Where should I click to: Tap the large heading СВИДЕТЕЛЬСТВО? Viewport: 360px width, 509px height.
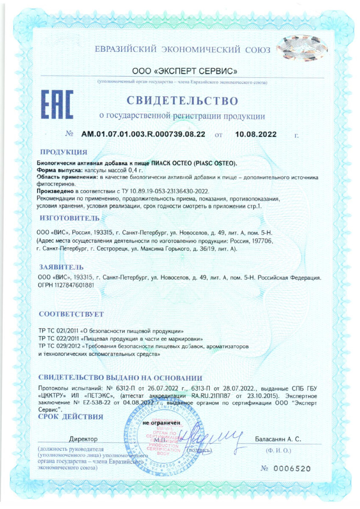pos(182,101)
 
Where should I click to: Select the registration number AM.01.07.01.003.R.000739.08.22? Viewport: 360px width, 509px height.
pos(143,134)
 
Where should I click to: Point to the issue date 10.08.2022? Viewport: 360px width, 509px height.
pos(255,134)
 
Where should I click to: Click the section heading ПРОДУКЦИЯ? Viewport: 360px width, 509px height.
pos(64,152)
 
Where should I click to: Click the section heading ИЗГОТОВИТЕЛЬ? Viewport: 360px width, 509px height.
pos(70,218)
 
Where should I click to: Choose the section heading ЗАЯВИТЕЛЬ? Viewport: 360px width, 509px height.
pos(61,268)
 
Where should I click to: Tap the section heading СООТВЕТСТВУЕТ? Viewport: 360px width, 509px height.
pos(71,314)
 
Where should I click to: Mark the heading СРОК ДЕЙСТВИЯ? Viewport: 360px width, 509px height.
pos(71,417)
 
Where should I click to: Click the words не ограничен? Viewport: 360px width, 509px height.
pos(162,423)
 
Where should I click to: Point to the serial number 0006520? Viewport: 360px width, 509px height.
pos(293,469)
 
